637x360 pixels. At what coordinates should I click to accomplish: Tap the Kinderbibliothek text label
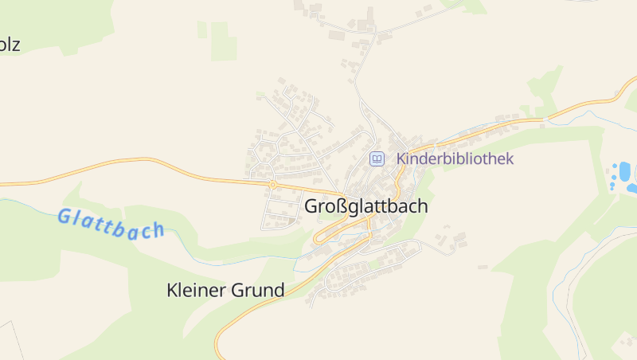455,158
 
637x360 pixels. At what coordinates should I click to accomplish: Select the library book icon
377,159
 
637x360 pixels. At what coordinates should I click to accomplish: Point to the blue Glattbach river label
111,224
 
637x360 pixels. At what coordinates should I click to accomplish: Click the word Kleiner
197,291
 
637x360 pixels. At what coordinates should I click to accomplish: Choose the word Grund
258,291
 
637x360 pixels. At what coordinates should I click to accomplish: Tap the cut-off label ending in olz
10,45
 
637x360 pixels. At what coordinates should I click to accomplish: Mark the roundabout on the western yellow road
272,184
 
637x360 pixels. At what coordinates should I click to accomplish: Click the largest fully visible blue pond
624,170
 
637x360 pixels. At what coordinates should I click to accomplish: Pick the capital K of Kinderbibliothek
401,158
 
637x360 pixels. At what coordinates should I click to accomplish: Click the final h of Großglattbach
422,206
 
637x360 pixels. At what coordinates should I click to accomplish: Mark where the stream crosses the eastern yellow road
545,120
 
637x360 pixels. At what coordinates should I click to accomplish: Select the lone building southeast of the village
483,268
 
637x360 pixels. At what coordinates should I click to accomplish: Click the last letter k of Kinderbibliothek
510,158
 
